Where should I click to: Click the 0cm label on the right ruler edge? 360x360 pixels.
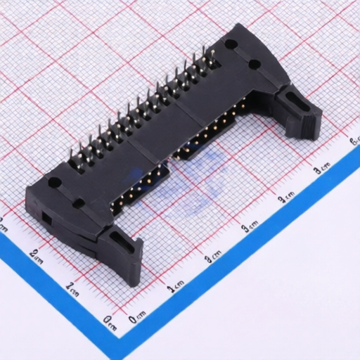pos(137,317)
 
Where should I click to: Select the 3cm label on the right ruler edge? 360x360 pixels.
pos(250,228)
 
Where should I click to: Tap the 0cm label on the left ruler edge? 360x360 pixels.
pos(110,321)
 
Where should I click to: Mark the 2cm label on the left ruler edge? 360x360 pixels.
pos(36,255)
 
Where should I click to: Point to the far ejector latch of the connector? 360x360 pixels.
pos(299,112)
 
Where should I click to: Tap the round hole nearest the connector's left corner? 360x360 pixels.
pos(53,184)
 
